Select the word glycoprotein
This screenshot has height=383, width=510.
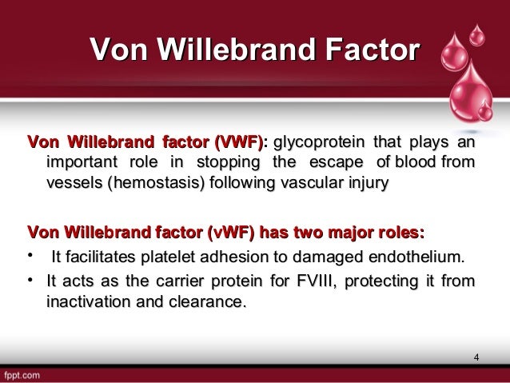[314, 145]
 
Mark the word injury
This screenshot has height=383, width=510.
[368, 186]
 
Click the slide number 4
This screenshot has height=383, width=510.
[476, 357]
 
